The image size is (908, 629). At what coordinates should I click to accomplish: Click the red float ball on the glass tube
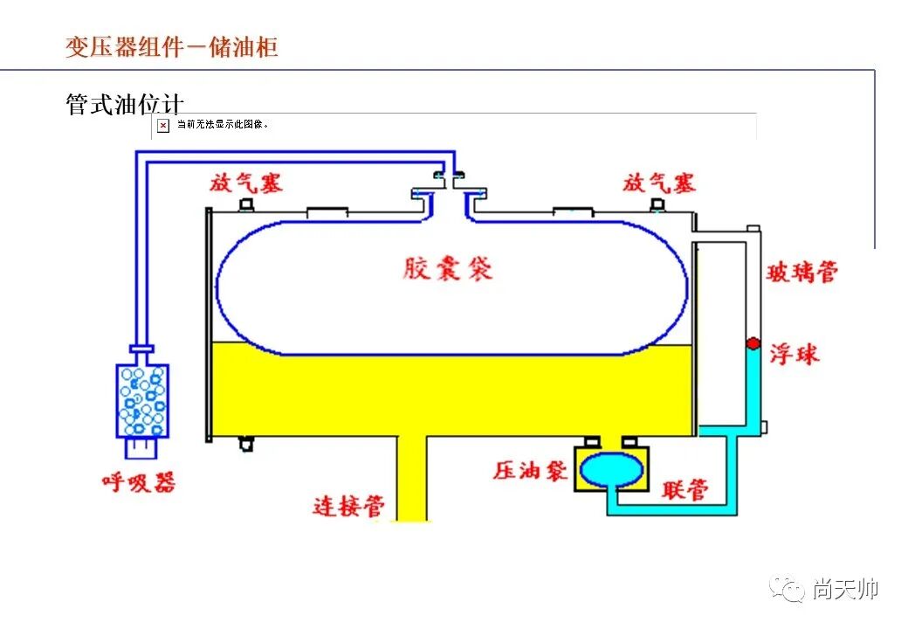751,343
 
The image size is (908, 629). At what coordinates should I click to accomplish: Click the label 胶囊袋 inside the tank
448,267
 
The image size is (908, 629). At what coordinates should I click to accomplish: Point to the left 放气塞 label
245,183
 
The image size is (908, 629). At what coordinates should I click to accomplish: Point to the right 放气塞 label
658,183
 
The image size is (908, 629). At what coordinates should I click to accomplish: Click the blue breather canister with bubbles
142,400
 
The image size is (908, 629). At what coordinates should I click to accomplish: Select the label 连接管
348,506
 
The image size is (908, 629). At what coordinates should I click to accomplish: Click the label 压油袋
530,470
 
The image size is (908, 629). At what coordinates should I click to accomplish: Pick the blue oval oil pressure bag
610,469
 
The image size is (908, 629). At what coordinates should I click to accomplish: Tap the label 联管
684,490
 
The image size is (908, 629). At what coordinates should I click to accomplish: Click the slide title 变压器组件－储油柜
171,46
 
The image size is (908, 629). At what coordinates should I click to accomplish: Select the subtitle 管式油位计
124,105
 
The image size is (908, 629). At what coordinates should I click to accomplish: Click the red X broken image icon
162,126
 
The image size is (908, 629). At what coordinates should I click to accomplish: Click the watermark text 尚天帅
844,590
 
